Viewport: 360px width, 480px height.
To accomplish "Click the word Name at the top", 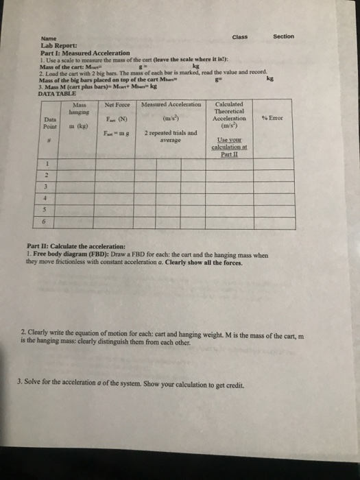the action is tap(49, 39).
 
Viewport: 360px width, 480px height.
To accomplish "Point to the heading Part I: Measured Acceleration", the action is tap(85, 53).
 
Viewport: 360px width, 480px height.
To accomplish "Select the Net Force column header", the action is tap(118, 104).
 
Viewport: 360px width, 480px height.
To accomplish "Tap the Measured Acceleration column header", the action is tap(171, 104).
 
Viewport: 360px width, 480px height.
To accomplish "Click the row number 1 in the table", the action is tap(46, 164).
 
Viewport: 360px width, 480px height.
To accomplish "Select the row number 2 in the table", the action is tap(46, 176).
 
